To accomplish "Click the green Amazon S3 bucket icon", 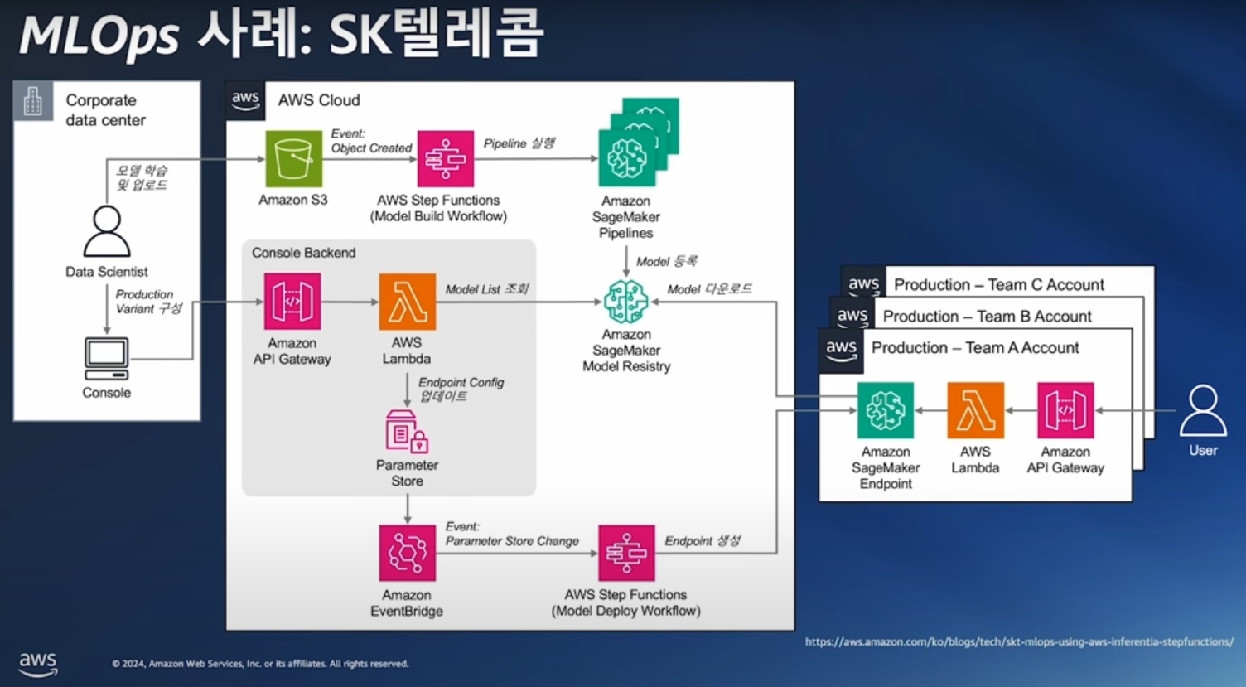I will [x=293, y=158].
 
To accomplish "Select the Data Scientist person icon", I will [x=107, y=231].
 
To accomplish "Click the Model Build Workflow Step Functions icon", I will [x=445, y=158].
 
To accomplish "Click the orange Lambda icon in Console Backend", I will [x=407, y=302].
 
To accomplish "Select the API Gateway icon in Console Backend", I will [x=292, y=302].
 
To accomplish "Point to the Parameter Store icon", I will [x=407, y=431].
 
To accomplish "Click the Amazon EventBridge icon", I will [x=407, y=553].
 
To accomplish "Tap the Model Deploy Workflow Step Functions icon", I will [x=626, y=553].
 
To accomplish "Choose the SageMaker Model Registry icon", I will [x=626, y=302].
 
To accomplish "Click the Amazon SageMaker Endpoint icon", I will [x=886, y=410].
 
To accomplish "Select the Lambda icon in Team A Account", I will [x=975, y=410].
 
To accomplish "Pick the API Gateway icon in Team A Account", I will [x=1065, y=410].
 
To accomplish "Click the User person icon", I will [x=1203, y=410].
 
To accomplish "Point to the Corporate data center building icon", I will [x=33, y=101].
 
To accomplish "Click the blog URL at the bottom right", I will [x=1019, y=641].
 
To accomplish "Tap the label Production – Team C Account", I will [x=998, y=284].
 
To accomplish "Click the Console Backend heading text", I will [x=303, y=253].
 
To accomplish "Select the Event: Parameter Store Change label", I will [x=511, y=534].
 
